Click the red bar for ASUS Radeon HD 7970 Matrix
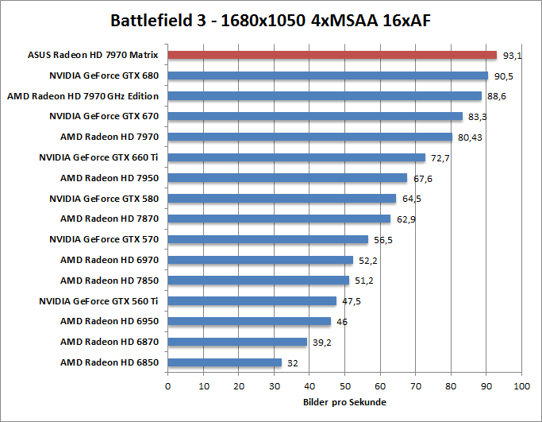[332, 56]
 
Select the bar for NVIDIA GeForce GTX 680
[328, 76]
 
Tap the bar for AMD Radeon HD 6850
[225, 362]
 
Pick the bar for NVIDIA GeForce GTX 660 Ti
[296, 158]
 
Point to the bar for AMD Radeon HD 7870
[279, 219]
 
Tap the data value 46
[343, 322]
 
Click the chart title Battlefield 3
[271, 19]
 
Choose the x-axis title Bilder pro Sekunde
[344, 402]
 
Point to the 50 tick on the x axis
[344, 387]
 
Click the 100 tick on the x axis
[521, 387]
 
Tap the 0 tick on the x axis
[167, 387]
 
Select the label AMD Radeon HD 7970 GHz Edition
[83, 96]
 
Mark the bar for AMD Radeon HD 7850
[259, 281]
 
